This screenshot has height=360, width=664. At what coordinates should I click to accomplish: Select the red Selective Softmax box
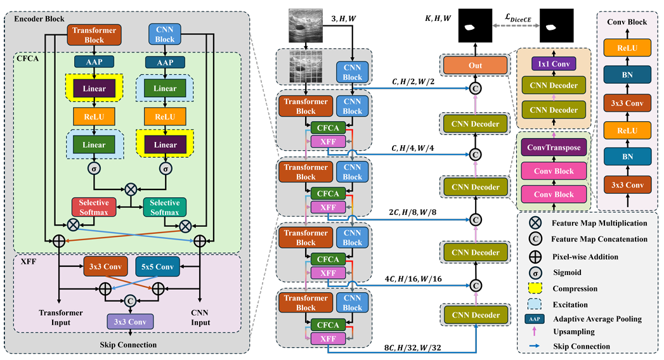[x=94, y=206]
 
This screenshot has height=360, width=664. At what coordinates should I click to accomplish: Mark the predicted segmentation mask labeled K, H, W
[x=470, y=27]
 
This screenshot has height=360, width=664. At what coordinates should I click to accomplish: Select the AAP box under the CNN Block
[x=165, y=61]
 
